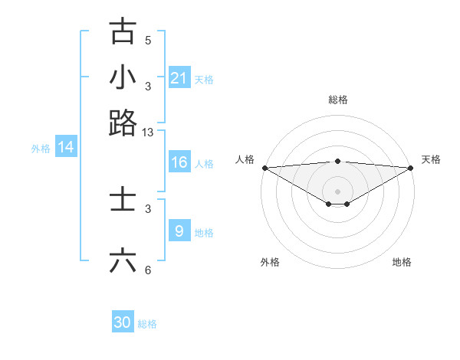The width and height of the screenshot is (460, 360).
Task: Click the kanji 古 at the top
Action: click(x=123, y=31)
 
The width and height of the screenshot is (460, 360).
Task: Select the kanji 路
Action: click(x=123, y=123)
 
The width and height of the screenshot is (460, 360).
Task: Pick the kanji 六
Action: click(x=123, y=260)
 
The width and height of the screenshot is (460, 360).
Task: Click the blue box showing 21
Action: click(x=179, y=78)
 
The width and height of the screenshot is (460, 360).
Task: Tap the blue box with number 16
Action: click(x=179, y=162)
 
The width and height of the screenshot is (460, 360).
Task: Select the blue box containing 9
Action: click(x=179, y=231)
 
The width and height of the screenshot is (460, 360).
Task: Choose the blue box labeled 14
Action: click(x=66, y=147)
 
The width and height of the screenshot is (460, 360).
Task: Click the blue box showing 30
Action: click(x=123, y=322)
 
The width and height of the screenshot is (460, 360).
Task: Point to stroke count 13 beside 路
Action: click(x=148, y=133)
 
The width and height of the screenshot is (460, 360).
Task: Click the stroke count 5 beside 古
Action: click(x=148, y=41)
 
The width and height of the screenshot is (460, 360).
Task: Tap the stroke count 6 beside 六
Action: click(x=148, y=270)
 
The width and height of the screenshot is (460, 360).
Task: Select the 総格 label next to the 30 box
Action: click(x=147, y=324)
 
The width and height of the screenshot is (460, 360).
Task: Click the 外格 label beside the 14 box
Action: click(x=41, y=149)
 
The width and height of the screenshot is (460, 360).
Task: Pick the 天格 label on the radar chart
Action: click(x=431, y=159)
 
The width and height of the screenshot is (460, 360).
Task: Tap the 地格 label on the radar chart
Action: click(x=402, y=262)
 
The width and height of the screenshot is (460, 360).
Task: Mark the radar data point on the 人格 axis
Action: click(x=264, y=168)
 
